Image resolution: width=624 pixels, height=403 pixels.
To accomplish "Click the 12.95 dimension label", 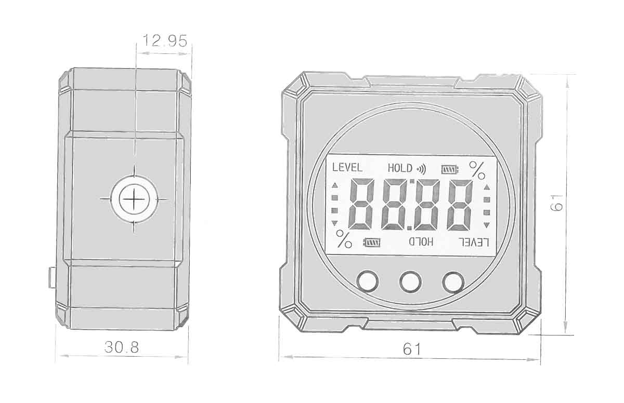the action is click(x=165, y=41).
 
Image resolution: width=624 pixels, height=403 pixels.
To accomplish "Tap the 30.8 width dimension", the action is click(x=122, y=347).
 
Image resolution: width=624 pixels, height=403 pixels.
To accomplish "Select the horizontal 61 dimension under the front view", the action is click(x=412, y=349).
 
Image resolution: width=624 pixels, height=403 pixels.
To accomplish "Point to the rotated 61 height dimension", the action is click(x=557, y=203).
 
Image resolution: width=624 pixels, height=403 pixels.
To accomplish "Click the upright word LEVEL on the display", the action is click(x=347, y=167).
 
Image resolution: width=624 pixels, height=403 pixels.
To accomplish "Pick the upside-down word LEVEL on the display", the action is click(x=474, y=243).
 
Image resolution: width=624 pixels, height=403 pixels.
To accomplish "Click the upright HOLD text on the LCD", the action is click(x=400, y=168).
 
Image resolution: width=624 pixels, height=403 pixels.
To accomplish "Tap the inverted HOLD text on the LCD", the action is click(x=421, y=241).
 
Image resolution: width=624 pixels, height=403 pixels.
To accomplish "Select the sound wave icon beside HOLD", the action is click(x=421, y=169).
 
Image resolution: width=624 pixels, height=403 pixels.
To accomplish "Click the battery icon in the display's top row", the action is click(x=450, y=169).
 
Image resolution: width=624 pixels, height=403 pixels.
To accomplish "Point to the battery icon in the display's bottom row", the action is click(x=372, y=243).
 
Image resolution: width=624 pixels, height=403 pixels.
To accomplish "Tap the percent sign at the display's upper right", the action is click(x=477, y=170).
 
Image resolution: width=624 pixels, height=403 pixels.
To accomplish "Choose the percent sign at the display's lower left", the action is click(x=344, y=239).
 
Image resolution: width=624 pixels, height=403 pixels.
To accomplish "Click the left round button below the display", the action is click(x=368, y=281).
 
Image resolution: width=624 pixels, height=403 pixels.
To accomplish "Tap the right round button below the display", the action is click(x=453, y=283).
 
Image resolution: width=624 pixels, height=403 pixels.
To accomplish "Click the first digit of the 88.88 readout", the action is click(x=361, y=204).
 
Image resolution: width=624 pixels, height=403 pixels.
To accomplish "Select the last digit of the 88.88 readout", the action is click(x=460, y=205).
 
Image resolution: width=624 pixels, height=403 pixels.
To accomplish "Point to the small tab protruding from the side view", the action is click(x=52, y=277).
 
